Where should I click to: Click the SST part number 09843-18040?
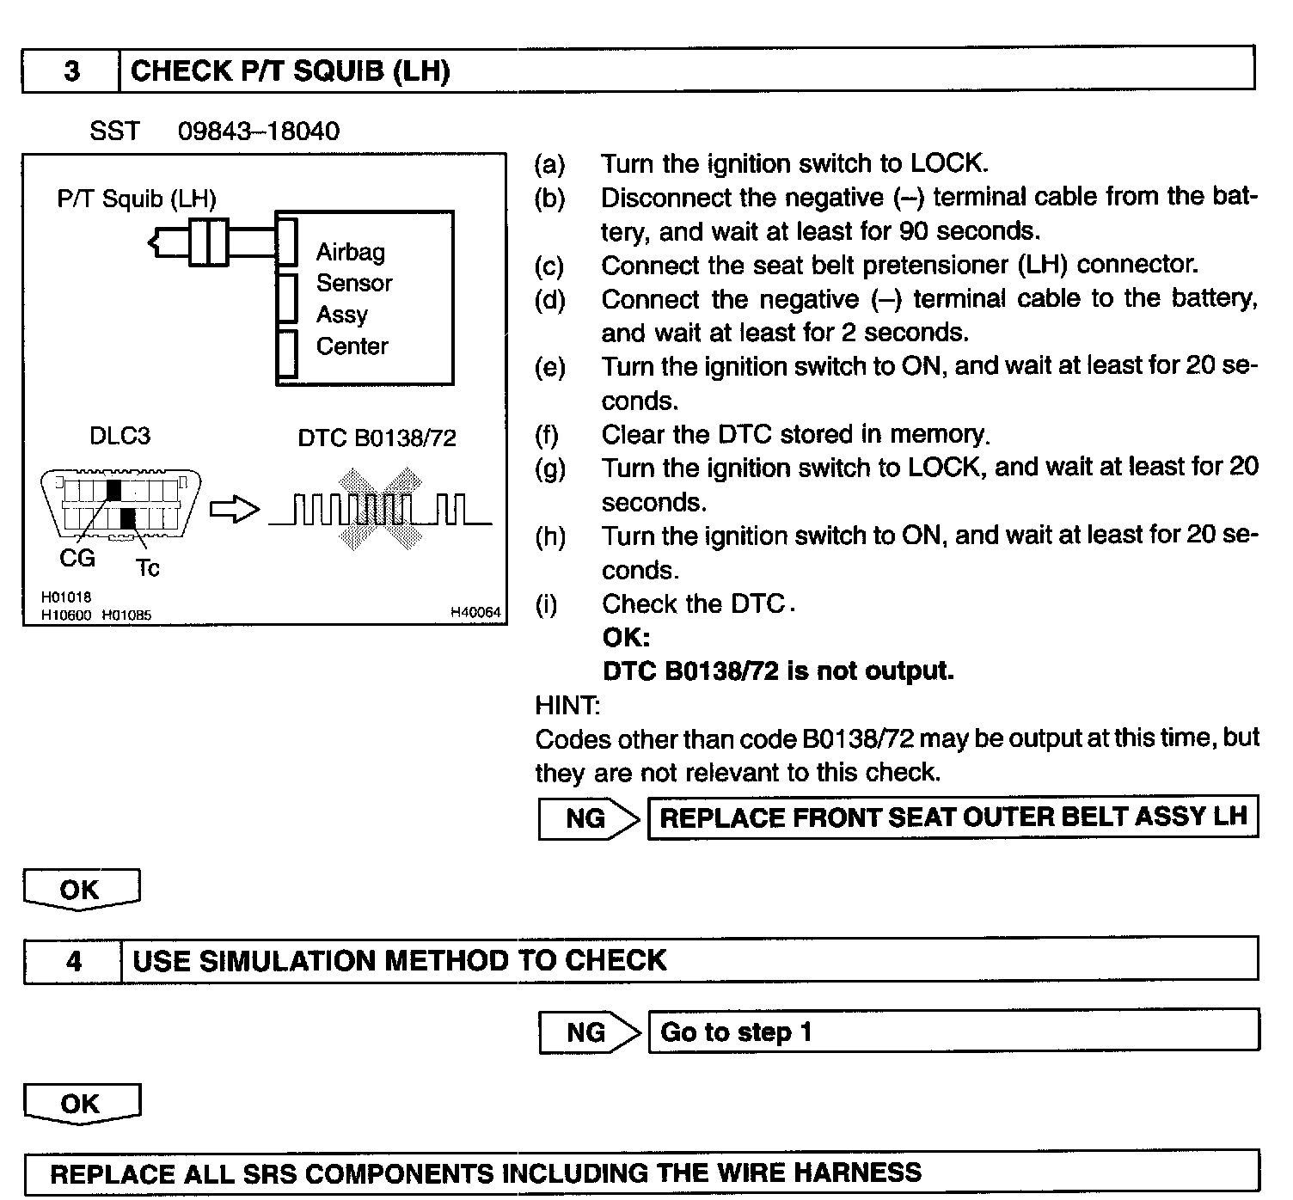pyautogui.click(x=258, y=132)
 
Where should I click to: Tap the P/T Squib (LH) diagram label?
pyautogui.click(x=137, y=199)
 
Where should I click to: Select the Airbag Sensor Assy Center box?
pyautogui.click(x=365, y=298)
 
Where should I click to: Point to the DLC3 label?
pyautogui.click(x=119, y=437)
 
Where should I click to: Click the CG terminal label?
pyautogui.click(x=77, y=559)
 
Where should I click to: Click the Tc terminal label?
pyautogui.click(x=147, y=568)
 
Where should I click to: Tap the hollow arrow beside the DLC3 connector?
pyautogui.click(x=234, y=511)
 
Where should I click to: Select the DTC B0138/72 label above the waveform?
pyautogui.click(x=377, y=438)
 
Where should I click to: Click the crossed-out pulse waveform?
pyautogui.click(x=380, y=511)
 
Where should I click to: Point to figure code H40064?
pyautogui.click(x=475, y=613)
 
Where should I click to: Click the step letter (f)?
pyautogui.click(x=547, y=435)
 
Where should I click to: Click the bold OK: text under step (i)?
pyautogui.click(x=625, y=638)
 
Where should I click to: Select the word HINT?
pyautogui.click(x=567, y=706)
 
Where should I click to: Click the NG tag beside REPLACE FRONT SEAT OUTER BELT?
pyautogui.click(x=586, y=818)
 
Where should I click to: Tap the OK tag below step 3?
pyautogui.click(x=80, y=890)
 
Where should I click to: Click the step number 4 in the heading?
pyautogui.click(x=74, y=960)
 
